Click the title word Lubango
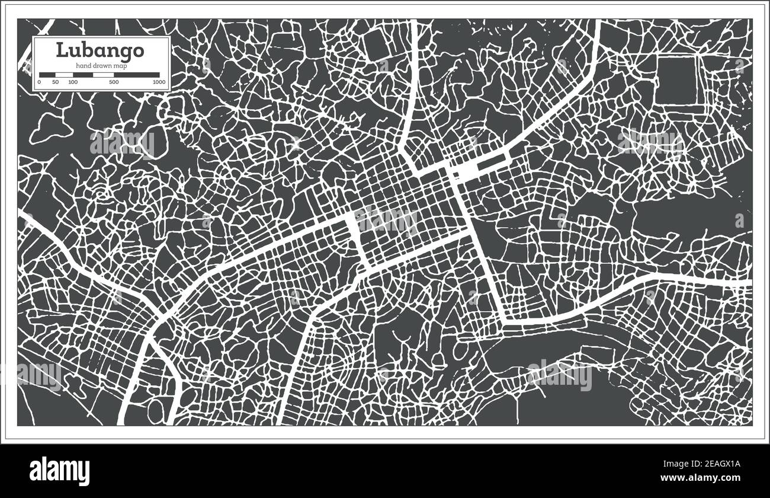pos(100,50)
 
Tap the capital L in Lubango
pos(61,50)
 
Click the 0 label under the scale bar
pos(39,82)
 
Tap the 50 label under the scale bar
pos(55,82)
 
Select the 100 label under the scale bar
pos(72,82)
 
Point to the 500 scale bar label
pos(113,82)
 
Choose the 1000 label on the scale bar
pos(158,82)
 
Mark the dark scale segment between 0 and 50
pos(47,75)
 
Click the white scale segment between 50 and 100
pos(63,75)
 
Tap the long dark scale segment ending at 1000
pos(136,75)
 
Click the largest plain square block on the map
pos(676,81)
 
